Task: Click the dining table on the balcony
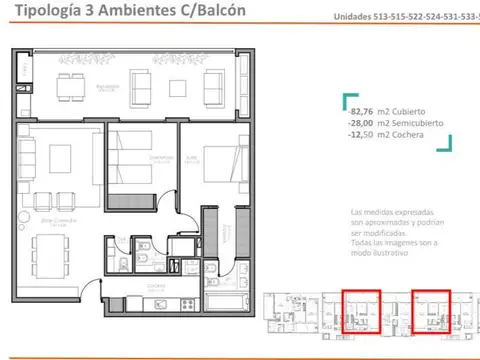tap(71, 86)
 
